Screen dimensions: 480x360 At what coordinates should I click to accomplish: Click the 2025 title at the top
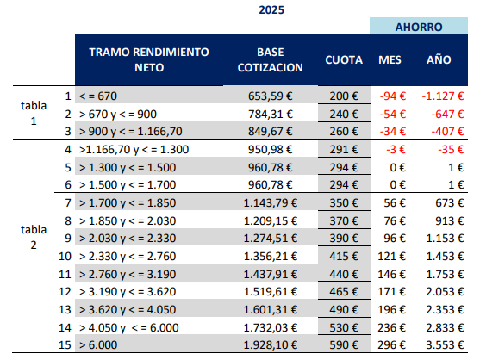click(x=271, y=10)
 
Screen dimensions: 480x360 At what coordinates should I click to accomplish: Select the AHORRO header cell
click(x=419, y=26)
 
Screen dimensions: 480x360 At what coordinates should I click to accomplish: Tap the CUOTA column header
click(x=344, y=59)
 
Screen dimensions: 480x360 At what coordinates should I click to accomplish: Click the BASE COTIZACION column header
click(x=271, y=59)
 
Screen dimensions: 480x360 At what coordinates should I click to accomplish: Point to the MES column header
click(x=390, y=59)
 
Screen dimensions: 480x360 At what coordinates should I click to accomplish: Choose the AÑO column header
click(x=439, y=59)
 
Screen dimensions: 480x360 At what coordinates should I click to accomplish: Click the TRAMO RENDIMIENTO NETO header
click(x=149, y=59)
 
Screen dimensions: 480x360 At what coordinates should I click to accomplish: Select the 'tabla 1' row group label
click(x=34, y=113)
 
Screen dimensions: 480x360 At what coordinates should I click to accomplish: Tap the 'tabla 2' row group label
click(x=34, y=237)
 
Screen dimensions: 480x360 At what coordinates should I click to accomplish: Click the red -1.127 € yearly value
click(x=443, y=96)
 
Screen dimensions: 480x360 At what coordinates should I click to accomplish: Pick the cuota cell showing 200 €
click(x=344, y=96)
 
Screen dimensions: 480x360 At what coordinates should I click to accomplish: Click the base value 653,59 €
click(x=271, y=96)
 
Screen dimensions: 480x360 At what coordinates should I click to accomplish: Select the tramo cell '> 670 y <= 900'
click(x=118, y=114)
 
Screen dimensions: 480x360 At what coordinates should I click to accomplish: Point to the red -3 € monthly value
click(x=396, y=150)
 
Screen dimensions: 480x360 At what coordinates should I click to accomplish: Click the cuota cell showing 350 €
click(x=344, y=202)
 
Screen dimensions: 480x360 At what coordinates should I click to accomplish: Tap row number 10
click(x=65, y=257)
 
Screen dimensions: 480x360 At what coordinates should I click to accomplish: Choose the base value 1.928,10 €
click(x=271, y=345)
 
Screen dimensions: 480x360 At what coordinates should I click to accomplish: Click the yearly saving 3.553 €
click(x=446, y=345)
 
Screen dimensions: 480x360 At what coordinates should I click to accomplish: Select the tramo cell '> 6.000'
click(x=98, y=345)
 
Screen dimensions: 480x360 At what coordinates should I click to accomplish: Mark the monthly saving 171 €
click(x=391, y=291)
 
